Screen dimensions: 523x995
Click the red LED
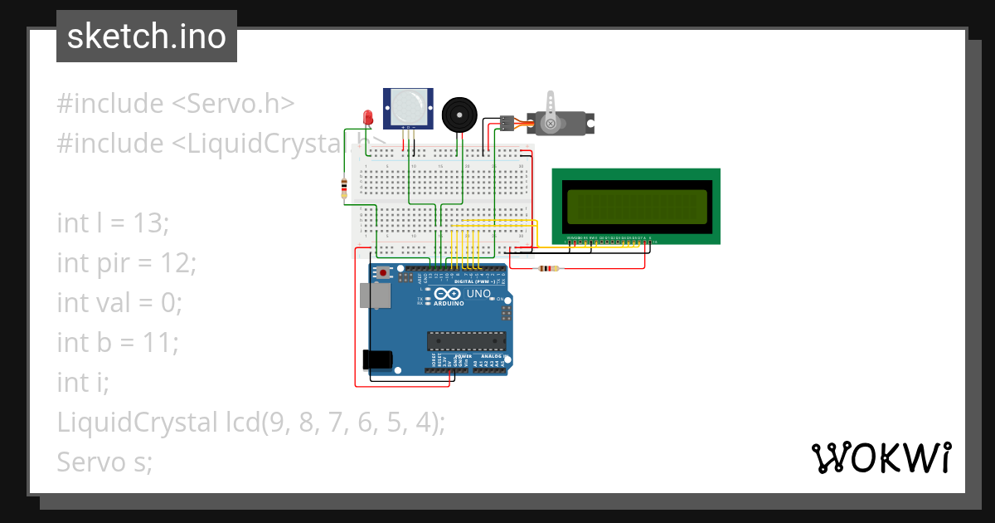[x=367, y=117]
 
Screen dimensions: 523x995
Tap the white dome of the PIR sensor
[x=407, y=106]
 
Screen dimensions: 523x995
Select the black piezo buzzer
[x=459, y=114]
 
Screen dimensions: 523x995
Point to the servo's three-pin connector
[x=507, y=124]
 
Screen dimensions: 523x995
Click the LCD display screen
[x=636, y=206]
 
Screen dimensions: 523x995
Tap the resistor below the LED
[x=344, y=189]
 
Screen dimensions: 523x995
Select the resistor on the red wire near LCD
[x=548, y=268]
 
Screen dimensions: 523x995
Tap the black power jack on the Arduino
[x=377, y=359]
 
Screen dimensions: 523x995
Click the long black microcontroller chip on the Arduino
[x=466, y=340]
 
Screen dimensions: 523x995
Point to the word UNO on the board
[x=479, y=294]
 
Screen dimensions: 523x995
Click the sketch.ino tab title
[x=146, y=37]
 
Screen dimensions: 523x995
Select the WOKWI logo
[x=881, y=457]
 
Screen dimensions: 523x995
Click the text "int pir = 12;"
[x=126, y=263]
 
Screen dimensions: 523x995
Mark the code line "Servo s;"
[x=104, y=462]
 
